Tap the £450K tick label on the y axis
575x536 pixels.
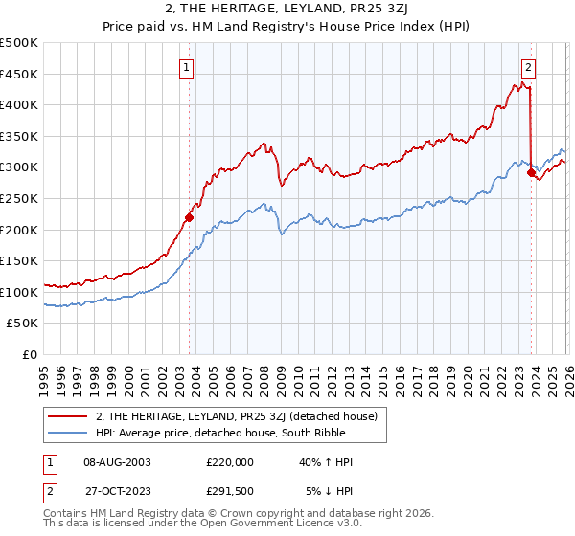[x=19, y=74]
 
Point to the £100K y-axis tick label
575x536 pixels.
[x=19, y=292]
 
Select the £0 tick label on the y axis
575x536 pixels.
[x=31, y=354]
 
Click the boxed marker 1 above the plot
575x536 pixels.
[x=187, y=67]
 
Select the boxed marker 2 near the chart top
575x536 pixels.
[x=528, y=67]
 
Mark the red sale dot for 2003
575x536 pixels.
[x=189, y=217]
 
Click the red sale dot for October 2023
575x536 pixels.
[x=531, y=173]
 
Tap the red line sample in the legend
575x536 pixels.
[x=68, y=416]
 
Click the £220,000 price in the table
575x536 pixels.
[x=230, y=462]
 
